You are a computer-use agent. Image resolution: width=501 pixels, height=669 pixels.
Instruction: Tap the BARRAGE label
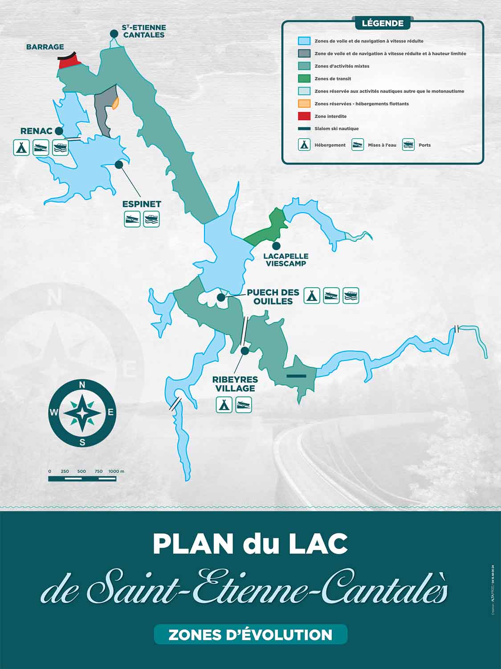(45, 47)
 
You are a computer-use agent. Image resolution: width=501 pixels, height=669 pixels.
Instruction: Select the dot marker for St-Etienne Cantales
(114, 33)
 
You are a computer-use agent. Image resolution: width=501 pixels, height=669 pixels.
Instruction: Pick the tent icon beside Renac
(21, 147)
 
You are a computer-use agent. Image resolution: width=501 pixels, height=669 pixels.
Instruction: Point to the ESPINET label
(142, 204)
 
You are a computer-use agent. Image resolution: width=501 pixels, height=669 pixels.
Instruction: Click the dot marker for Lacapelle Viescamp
(276, 246)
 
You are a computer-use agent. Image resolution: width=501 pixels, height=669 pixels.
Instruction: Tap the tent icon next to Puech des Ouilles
(312, 296)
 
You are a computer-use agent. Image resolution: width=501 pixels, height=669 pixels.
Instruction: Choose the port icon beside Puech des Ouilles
(351, 296)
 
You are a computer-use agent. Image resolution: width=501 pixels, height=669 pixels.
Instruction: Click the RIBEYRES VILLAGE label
(235, 384)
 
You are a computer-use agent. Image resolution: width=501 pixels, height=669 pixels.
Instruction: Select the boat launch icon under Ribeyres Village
(244, 405)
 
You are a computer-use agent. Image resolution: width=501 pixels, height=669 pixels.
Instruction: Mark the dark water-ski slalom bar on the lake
(297, 376)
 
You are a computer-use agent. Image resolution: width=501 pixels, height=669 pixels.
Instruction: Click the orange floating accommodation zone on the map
(115, 103)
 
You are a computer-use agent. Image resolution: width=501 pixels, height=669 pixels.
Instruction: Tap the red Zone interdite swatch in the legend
(304, 116)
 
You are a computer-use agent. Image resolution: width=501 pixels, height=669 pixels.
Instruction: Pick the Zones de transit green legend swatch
(304, 78)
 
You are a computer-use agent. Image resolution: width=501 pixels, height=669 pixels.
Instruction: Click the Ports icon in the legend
(408, 145)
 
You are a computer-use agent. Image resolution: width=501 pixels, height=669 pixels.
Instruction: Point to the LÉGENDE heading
(383, 23)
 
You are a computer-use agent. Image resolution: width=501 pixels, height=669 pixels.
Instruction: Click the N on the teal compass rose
(82, 385)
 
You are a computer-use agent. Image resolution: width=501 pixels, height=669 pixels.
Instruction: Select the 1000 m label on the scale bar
(117, 471)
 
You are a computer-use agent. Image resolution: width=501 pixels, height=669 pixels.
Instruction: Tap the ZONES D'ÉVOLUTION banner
(250, 635)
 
